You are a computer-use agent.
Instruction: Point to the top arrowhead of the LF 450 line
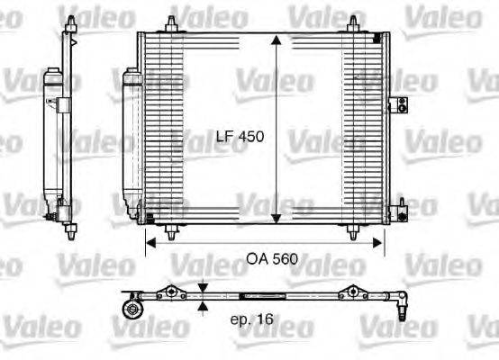[x=276, y=38]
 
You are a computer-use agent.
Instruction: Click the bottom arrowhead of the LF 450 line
[x=276, y=220]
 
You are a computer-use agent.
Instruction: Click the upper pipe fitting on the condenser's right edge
[x=392, y=106]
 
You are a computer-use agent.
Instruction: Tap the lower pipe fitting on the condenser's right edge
[x=392, y=213]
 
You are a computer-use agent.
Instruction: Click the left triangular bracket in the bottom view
[x=168, y=290]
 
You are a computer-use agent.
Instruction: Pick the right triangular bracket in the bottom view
[x=353, y=290]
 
